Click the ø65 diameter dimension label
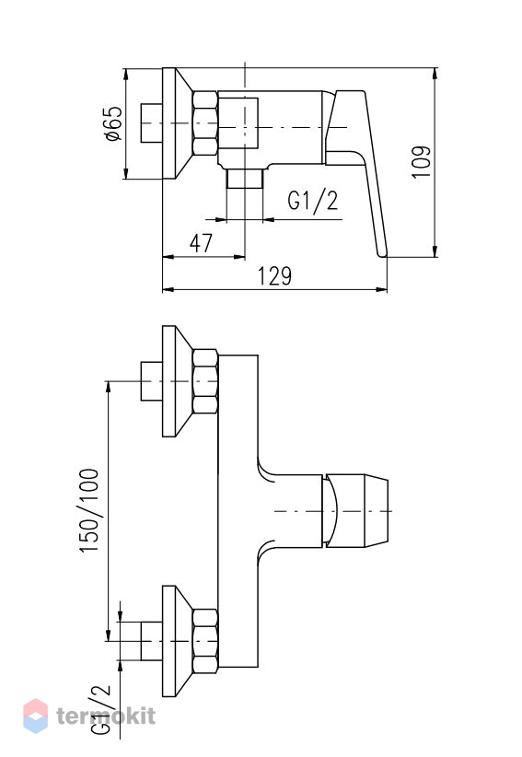click(x=112, y=123)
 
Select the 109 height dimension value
click(x=421, y=162)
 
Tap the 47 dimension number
click(x=201, y=242)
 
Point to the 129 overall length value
click(x=274, y=275)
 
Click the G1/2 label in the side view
click(x=313, y=201)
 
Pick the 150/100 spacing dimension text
click(x=89, y=511)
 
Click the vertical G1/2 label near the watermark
click(x=101, y=710)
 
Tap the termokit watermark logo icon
click(x=36, y=716)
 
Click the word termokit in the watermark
click(x=106, y=716)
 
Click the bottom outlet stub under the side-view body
click(x=244, y=179)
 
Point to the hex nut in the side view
click(x=205, y=123)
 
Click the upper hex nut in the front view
click(x=205, y=381)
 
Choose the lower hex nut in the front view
click(x=205, y=641)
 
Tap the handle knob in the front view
click(x=356, y=511)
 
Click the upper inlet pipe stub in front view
click(x=152, y=381)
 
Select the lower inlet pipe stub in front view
click(x=152, y=641)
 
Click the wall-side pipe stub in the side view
click(x=152, y=123)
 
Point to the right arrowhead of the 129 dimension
click(x=382, y=290)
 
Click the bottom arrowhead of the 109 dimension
click(x=435, y=251)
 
